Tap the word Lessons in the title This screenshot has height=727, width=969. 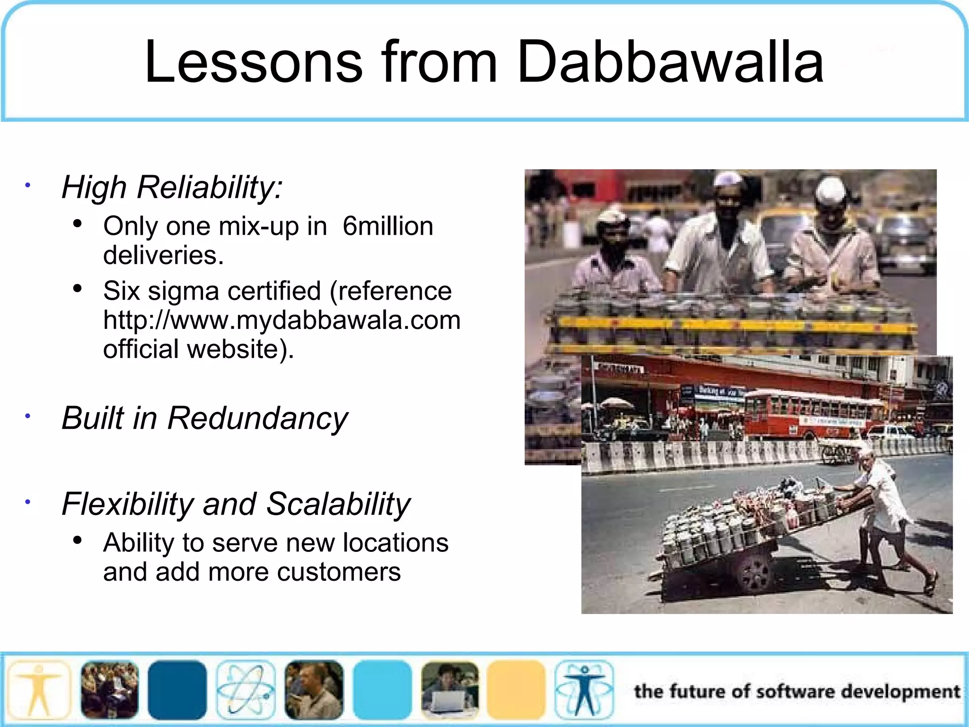pos(254,62)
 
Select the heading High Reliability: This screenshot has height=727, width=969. pos(172,187)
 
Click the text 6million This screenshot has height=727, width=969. pos(388,226)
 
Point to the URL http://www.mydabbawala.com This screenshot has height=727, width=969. pos(282,320)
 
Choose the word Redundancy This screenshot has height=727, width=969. pos(257,418)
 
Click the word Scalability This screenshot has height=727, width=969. pos(338,504)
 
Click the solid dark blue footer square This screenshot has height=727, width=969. pos(177,689)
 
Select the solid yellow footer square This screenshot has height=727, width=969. pos(516,689)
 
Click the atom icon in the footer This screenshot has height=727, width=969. pos(245,689)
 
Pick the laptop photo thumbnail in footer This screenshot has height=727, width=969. pos(449,689)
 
